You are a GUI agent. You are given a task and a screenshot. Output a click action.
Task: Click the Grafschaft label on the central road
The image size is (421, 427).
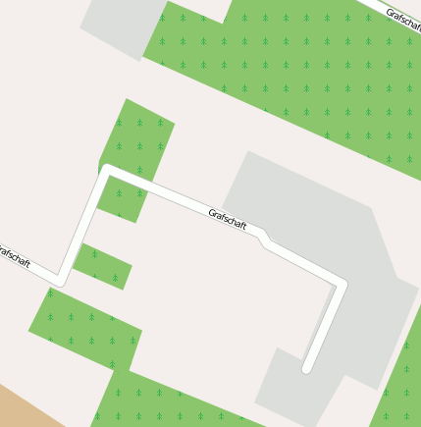point(228,219)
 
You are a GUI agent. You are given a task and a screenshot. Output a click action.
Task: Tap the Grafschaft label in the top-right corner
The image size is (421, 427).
point(403,19)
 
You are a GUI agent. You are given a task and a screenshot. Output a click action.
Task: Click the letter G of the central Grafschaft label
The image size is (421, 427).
point(212,211)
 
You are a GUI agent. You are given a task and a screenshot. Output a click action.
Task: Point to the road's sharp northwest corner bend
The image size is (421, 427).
point(107,171)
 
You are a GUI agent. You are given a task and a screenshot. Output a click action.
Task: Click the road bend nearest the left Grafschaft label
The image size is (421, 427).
point(60,281)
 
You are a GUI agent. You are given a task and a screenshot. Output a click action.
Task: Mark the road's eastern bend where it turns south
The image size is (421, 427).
point(342,286)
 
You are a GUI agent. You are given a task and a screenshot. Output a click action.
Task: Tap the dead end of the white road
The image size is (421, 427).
point(307,368)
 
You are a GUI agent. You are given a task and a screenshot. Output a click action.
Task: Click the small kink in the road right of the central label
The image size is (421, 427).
point(264,239)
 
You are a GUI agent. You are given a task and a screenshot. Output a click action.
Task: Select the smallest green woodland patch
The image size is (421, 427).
point(102,266)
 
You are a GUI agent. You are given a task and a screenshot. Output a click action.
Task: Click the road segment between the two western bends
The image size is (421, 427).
point(83,226)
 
